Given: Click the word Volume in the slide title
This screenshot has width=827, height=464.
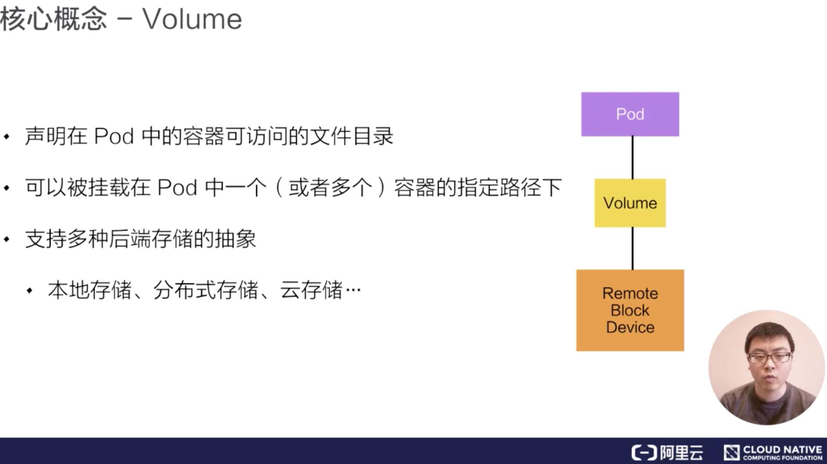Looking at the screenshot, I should pos(192,19).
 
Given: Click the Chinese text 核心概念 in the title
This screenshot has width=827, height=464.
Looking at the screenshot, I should pos(53,19).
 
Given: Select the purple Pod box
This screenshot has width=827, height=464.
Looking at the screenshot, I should pos(630,114).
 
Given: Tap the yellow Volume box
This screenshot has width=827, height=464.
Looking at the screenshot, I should pos(630,203).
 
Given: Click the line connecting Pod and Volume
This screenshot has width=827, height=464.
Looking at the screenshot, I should pos(632,157).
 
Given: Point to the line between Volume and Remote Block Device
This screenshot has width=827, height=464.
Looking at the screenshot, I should pos(632,248).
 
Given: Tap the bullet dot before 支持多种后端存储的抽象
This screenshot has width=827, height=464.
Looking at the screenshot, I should pos(7,239).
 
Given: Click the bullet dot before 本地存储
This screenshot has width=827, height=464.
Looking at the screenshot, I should pos(29,291).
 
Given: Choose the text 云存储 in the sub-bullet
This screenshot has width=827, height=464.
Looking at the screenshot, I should pos(311,290).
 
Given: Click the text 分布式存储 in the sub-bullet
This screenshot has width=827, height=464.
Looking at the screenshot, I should pos(205,290).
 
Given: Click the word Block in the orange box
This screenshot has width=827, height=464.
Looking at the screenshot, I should pos(630,310).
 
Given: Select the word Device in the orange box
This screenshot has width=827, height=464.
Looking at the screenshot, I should pos(630,327).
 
